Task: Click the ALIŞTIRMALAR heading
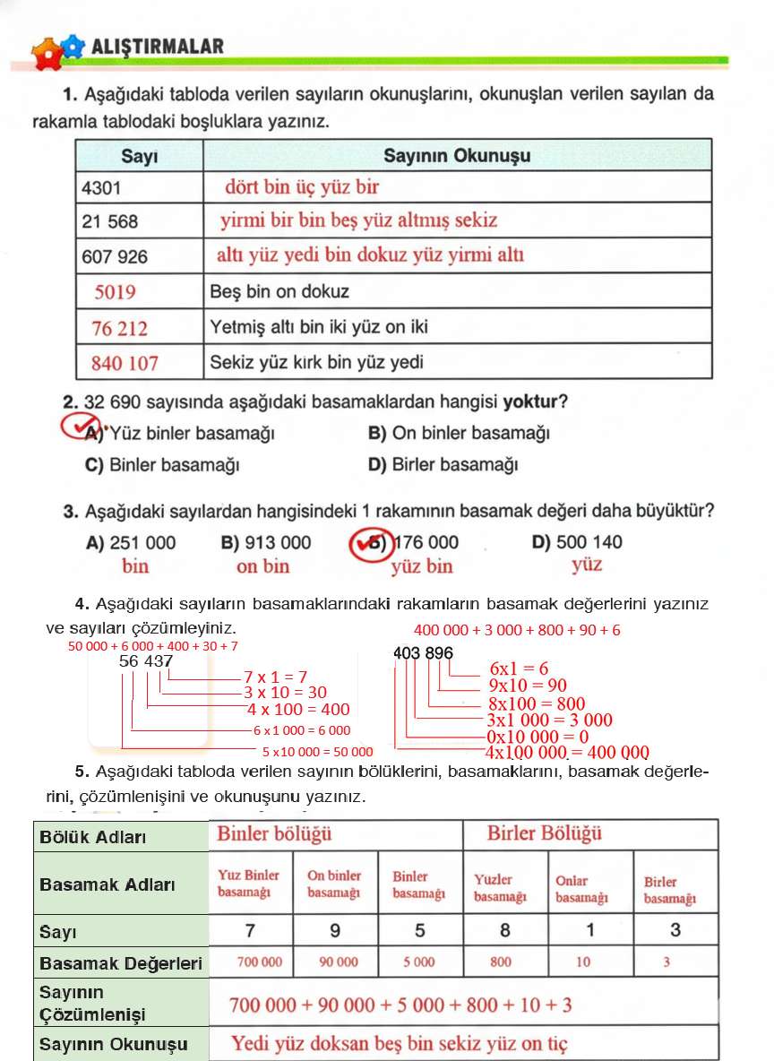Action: (158, 46)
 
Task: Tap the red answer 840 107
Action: (125, 363)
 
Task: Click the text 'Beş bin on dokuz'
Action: (279, 291)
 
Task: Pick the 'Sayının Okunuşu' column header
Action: (457, 155)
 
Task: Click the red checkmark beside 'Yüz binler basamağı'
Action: (82, 427)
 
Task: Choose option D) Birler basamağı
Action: (443, 465)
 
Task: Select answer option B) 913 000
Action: (265, 542)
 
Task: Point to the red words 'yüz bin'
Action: (422, 566)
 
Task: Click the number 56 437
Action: (146, 660)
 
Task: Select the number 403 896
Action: (423, 653)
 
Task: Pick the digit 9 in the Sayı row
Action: (335, 930)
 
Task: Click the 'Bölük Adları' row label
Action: (92, 837)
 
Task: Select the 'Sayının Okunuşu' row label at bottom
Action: (113, 1044)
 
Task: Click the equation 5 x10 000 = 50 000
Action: (317, 751)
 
